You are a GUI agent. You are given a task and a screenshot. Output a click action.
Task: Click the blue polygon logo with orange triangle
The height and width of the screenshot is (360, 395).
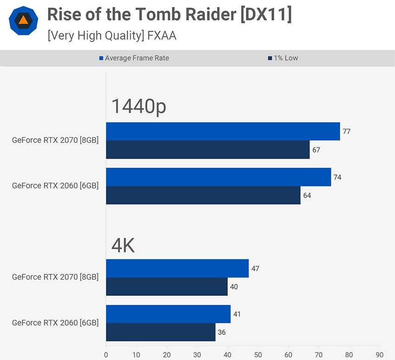click(23, 21)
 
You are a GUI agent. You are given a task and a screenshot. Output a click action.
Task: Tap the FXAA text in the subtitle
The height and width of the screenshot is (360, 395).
click(163, 35)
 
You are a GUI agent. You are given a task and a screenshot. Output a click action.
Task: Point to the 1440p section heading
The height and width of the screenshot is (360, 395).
click(138, 107)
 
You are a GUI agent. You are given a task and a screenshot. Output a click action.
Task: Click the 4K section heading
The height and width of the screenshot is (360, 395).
click(123, 245)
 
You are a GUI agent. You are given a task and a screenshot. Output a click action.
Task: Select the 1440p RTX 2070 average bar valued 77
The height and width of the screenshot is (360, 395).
click(223, 131)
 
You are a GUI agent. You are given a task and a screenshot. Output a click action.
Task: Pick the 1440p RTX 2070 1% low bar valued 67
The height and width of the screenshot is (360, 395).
click(208, 150)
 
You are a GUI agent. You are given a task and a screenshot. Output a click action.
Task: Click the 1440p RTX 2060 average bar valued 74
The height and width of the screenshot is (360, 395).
click(218, 177)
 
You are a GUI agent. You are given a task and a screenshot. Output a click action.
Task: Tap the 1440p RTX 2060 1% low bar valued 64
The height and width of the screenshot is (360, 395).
click(203, 195)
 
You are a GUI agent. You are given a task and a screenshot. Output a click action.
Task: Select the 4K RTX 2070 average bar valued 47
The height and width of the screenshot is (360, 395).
click(177, 268)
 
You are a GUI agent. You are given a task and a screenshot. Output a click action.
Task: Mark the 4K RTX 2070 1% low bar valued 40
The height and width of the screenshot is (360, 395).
click(167, 287)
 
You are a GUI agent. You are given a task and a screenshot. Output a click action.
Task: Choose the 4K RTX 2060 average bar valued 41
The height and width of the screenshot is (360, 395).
click(168, 314)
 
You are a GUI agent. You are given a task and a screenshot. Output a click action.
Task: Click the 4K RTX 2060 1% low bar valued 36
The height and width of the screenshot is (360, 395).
click(161, 332)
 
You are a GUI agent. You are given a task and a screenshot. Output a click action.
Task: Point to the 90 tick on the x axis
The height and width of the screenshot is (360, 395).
click(379, 354)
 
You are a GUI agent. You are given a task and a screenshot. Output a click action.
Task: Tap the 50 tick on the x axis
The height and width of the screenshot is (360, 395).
click(258, 354)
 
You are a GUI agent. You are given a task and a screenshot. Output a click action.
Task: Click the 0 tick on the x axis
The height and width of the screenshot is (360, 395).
click(106, 354)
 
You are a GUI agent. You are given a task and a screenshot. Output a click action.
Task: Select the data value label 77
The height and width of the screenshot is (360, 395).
click(346, 132)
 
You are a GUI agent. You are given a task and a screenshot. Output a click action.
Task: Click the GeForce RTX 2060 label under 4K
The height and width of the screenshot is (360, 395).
click(55, 323)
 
